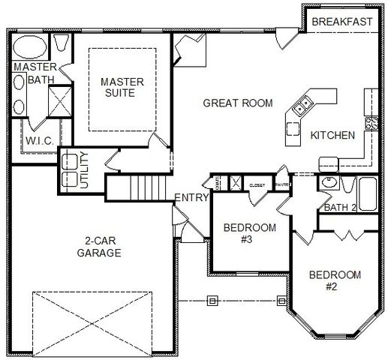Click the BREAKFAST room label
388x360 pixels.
(x=341, y=22)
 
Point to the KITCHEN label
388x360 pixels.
(x=332, y=136)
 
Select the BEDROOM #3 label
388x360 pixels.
(x=249, y=234)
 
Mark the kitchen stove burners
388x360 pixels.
(x=371, y=121)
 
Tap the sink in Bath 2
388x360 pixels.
(x=328, y=183)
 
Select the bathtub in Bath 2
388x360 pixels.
(x=368, y=193)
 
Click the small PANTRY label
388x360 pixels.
(x=282, y=182)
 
